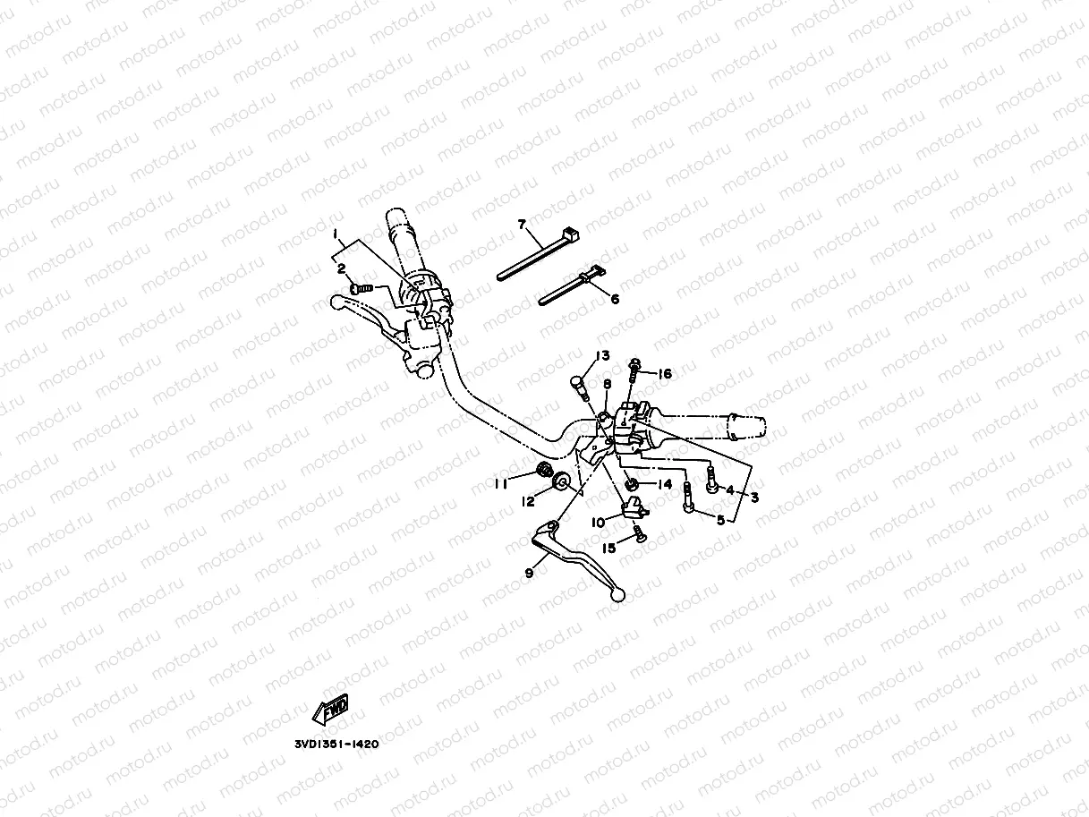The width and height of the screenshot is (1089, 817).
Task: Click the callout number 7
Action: pos(522,224)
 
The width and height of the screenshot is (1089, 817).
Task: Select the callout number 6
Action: pos(615,299)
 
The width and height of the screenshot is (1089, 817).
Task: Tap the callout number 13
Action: pos(603,355)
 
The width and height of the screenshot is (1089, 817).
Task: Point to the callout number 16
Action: pos(665,373)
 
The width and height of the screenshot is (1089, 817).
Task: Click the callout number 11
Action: pos(501,483)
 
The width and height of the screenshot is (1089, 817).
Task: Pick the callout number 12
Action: pos(529,502)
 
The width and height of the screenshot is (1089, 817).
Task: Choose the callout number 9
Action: pos(529,573)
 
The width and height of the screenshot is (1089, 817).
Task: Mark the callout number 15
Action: pos(608,548)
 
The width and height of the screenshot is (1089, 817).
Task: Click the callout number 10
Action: pos(598,522)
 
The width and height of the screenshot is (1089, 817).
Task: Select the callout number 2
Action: pos(341,268)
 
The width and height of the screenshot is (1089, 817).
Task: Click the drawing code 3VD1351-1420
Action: pos(336,743)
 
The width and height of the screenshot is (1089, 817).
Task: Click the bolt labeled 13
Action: pos(577,387)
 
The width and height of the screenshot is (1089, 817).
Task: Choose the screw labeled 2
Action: pos(360,289)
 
